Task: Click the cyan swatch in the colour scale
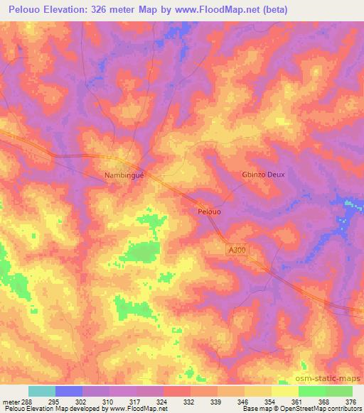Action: pyautogui.click(x=42, y=391)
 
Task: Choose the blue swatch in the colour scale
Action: pyautogui.click(x=69, y=391)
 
